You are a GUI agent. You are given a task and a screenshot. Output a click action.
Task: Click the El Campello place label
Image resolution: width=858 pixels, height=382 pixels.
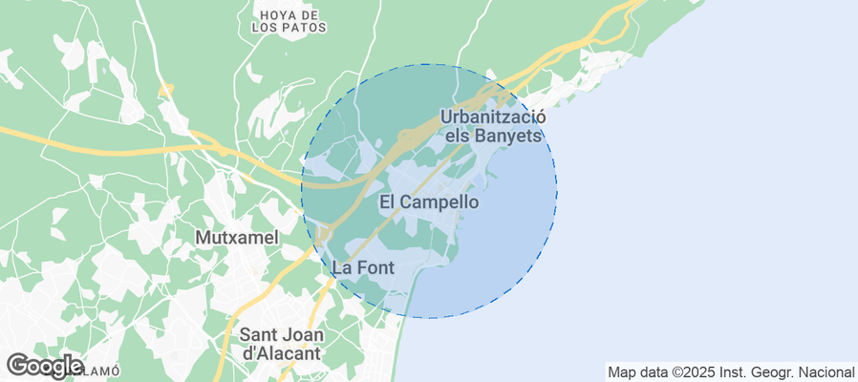pyautogui.click(x=429, y=202)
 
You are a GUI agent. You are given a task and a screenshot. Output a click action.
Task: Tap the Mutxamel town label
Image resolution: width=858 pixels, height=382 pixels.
pyautogui.click(x=236, y=237)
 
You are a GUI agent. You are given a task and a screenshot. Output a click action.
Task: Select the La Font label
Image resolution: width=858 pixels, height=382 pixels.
pyautogui.click(x=363, y=268)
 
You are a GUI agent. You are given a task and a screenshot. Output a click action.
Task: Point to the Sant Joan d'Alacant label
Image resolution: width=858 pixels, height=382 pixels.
pyautogui.click(x=282, y=344)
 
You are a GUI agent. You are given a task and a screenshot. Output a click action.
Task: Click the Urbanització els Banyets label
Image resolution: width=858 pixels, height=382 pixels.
pyautogui.click(x=493, y=125)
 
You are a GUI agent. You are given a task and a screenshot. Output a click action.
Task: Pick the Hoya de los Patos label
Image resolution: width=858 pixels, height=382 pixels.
pyautogui.click(x=289, y=22)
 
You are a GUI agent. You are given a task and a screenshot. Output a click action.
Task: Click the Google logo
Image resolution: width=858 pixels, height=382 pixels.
pyautogui.click(x=44, y=365)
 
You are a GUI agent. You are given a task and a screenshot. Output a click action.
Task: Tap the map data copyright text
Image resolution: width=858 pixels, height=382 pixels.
pyautogui.click(x=731, y=371)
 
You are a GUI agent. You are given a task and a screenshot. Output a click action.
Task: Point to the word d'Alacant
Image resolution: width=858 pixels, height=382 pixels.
pyautogui.click(x=282, y=353)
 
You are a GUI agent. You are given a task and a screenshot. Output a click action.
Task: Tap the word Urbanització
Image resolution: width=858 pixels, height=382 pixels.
pyautogui.click(x=493, y=116)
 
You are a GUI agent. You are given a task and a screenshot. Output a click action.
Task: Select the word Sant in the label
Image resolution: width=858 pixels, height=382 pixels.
pyautogui.click(x=258, y=335)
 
